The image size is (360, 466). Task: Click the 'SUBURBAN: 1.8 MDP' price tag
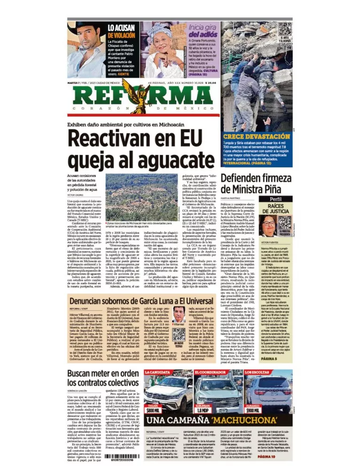pos(203,409)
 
